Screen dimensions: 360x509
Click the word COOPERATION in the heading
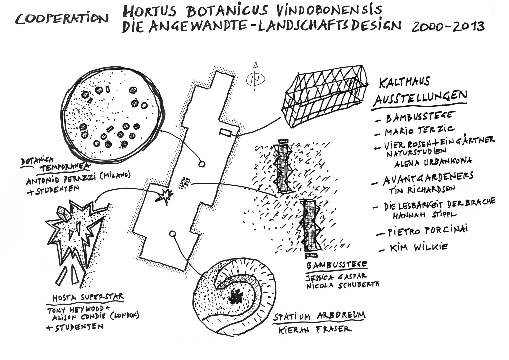pos(61,19)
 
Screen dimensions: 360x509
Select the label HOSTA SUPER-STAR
pos(88,297)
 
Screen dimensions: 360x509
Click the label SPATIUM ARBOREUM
pos(319,316)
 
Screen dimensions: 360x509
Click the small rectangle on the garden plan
pos(226,132)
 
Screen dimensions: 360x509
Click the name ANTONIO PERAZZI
pos(63,181)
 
